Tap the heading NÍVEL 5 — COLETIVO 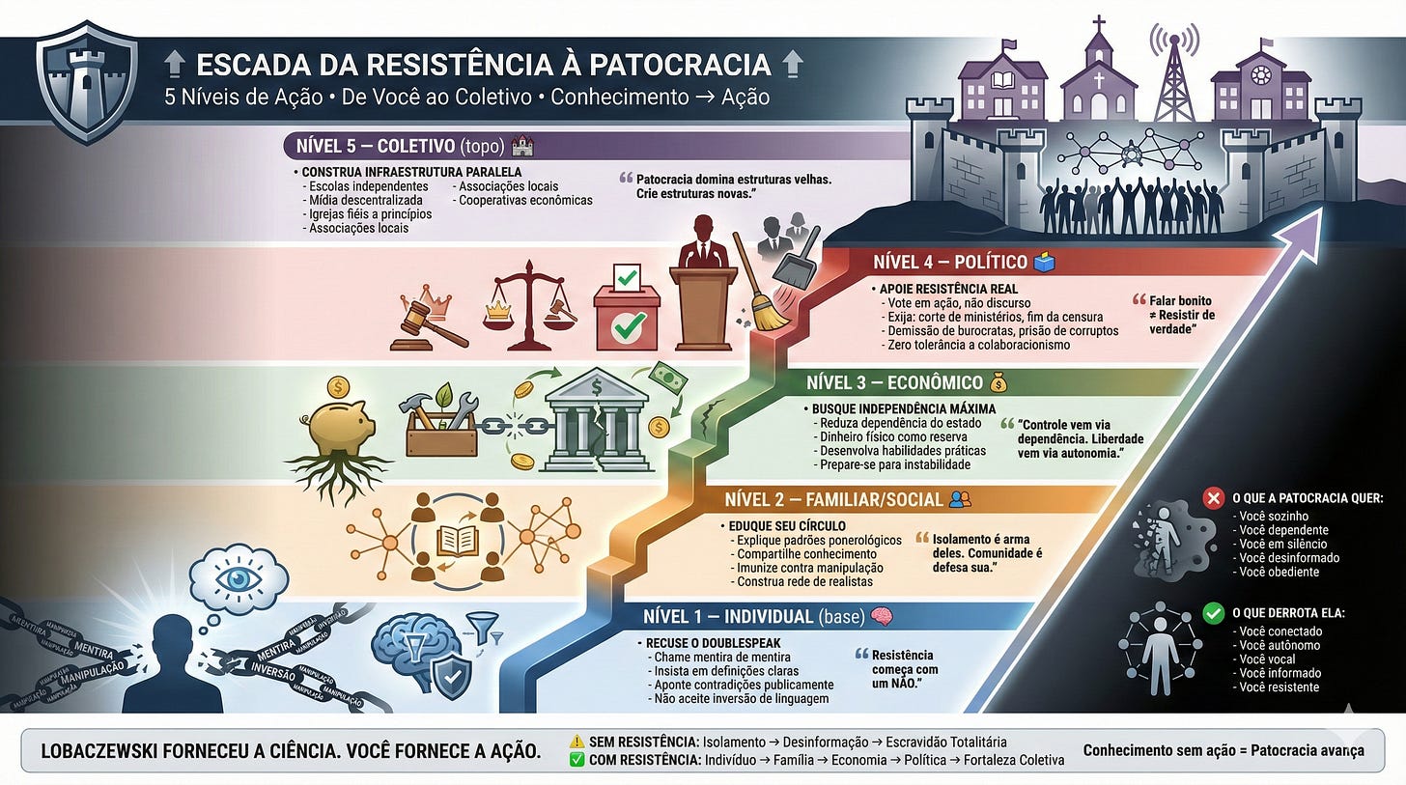point(394,147)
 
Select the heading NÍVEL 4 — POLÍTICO point(949,263)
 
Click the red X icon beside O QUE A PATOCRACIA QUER point(1213,498)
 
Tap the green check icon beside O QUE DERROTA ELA point(1214,612)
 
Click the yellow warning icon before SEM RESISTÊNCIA point(577,742)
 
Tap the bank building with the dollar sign point(595,423)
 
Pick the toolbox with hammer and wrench point(441,426)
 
